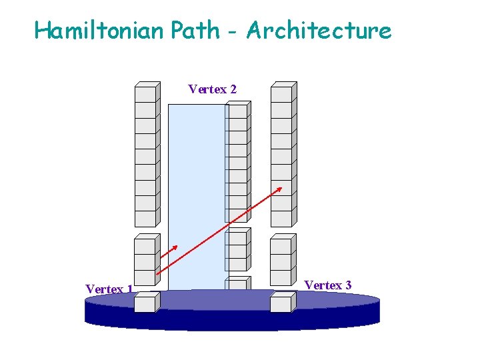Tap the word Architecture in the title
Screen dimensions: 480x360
point(319,30)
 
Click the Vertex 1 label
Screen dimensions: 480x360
point(109,289)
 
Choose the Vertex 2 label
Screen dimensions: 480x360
point(212,89)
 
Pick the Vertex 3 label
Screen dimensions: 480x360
point(328,285)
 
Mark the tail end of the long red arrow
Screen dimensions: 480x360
point(157,274)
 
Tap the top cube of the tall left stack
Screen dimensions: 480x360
point(145,93)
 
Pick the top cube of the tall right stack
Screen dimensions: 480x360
point(281,93)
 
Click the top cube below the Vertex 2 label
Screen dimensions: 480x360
point(237,112)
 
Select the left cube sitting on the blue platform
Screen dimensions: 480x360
point(145,304)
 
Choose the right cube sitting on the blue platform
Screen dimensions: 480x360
point(281,304)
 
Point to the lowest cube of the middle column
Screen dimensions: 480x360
point(237,283)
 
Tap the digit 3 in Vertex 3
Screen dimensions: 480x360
point(348,285)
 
